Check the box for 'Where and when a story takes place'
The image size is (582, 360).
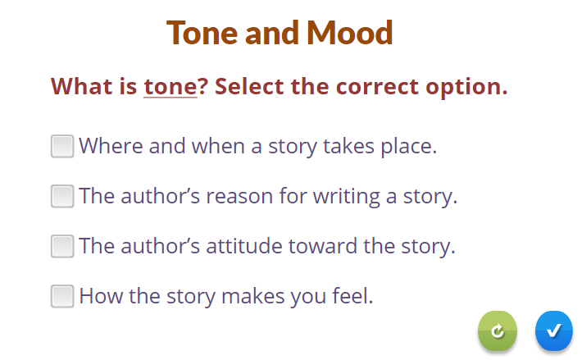click(x=62, y=146)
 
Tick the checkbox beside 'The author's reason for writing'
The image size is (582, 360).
click(x=62, y=196)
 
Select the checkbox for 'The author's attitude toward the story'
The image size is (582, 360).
click(x=62, y=246)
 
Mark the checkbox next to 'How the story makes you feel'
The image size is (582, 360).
click(x=62, y=296)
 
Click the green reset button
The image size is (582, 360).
click(x=498, y=330)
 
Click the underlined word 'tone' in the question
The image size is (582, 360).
click(x=171, y=86)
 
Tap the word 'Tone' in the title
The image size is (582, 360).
click(x=202, y=33)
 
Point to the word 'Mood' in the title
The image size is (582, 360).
click(x=350, y=33)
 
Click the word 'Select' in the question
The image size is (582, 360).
click(x=249, y=86)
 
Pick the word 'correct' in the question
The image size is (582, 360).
click(x=378, y=87)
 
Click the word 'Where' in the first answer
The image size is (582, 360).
click(x=111, y=146)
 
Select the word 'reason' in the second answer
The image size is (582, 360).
click(x=240, y=196)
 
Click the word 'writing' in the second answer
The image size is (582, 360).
click(x=347, y=197)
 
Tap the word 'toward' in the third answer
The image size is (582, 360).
click(x=323, y=246)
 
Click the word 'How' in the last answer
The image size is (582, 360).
click(x=101, y=296)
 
